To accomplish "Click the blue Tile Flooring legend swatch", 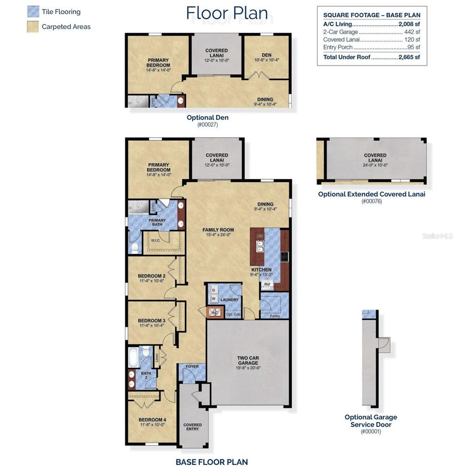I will click(x=33, y=12).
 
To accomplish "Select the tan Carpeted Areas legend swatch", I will click(x=33, y=27).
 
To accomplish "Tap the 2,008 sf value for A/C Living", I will click(x=409, y=24).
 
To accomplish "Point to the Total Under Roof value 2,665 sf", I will click(x=409, y=57).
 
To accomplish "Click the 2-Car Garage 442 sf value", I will click(x=412, y=32).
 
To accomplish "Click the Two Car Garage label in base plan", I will click(x=248, y=360).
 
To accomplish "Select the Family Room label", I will click(x=218, y=230).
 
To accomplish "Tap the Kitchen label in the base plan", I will click(x=261, y=270).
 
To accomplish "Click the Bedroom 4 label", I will click(x=152, y=420).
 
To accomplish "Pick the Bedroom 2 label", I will click(x=152, y=276).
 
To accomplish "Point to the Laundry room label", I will click(x=229, y=300).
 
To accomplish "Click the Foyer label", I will click(x=192, y=367).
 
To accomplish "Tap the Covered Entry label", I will click(x=192, y=427).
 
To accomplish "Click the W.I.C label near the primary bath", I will click(x=155, y=241).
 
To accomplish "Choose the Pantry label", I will click(x=275, y=316).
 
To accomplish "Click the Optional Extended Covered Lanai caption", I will click(x=372, y=194).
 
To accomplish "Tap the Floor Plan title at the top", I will click(x=227, y=13).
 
